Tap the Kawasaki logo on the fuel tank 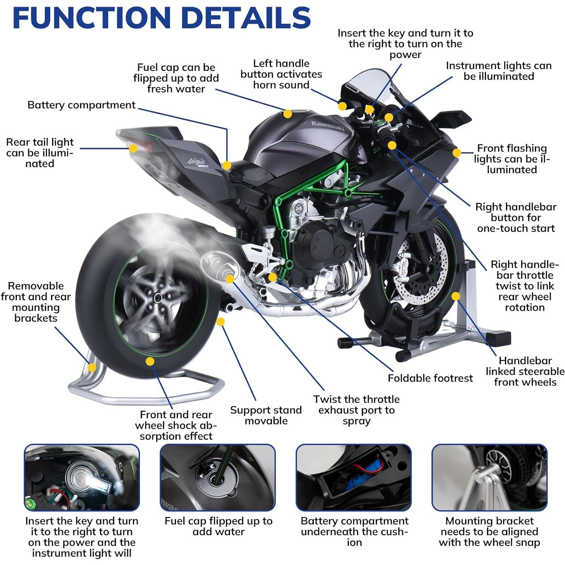point(327,126)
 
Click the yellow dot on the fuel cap point(288,114)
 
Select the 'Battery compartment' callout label point(81,105)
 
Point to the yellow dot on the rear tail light point(133,148)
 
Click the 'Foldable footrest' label point(430,378)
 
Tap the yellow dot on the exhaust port point(230,279)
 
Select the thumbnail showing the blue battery point(353,477)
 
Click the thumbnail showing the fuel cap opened point(218,477)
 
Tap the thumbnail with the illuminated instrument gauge point(82,477)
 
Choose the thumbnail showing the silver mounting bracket point(489,477)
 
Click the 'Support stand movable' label point(266,415)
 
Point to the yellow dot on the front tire point(456,296)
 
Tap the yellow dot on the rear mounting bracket point(92,367)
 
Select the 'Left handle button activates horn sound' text point(281,74)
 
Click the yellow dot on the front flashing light point(457,153)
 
